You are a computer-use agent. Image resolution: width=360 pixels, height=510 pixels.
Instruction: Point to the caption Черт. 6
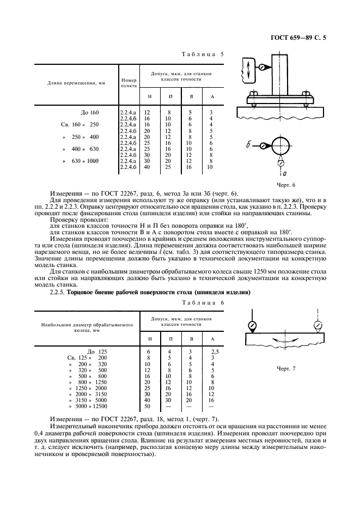(x=285, y=185)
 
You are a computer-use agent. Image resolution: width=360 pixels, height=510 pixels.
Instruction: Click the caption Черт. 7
(x=286, y=369)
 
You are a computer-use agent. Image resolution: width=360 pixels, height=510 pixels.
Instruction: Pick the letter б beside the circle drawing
(x=248, y=145)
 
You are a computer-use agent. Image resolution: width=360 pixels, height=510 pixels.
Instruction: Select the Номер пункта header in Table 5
(x=129, y=83)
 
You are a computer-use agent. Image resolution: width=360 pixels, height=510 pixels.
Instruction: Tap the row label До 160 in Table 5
(x=89, y=112)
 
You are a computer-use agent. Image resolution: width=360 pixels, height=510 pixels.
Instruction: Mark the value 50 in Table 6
(x=147, y=406)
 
